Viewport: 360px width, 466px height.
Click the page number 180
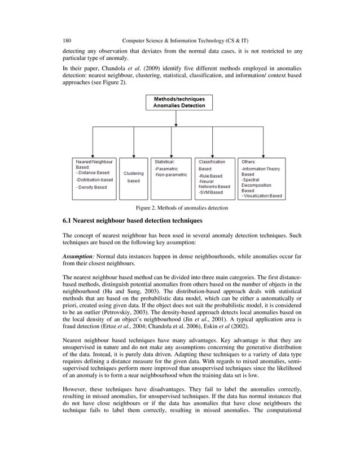[x=67, y=41]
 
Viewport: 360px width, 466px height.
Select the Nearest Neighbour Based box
[x=93, y=178]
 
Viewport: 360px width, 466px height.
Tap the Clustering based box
[x=134, y=178]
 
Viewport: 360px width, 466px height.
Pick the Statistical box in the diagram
[x=171, y=178]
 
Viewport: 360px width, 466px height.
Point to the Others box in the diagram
[x=261, y=178]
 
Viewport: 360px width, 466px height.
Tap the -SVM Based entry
[x=211, y=192]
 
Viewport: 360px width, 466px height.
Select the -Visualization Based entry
[x=262, y=196]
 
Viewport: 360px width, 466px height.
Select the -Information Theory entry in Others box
[x=261, y=169]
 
